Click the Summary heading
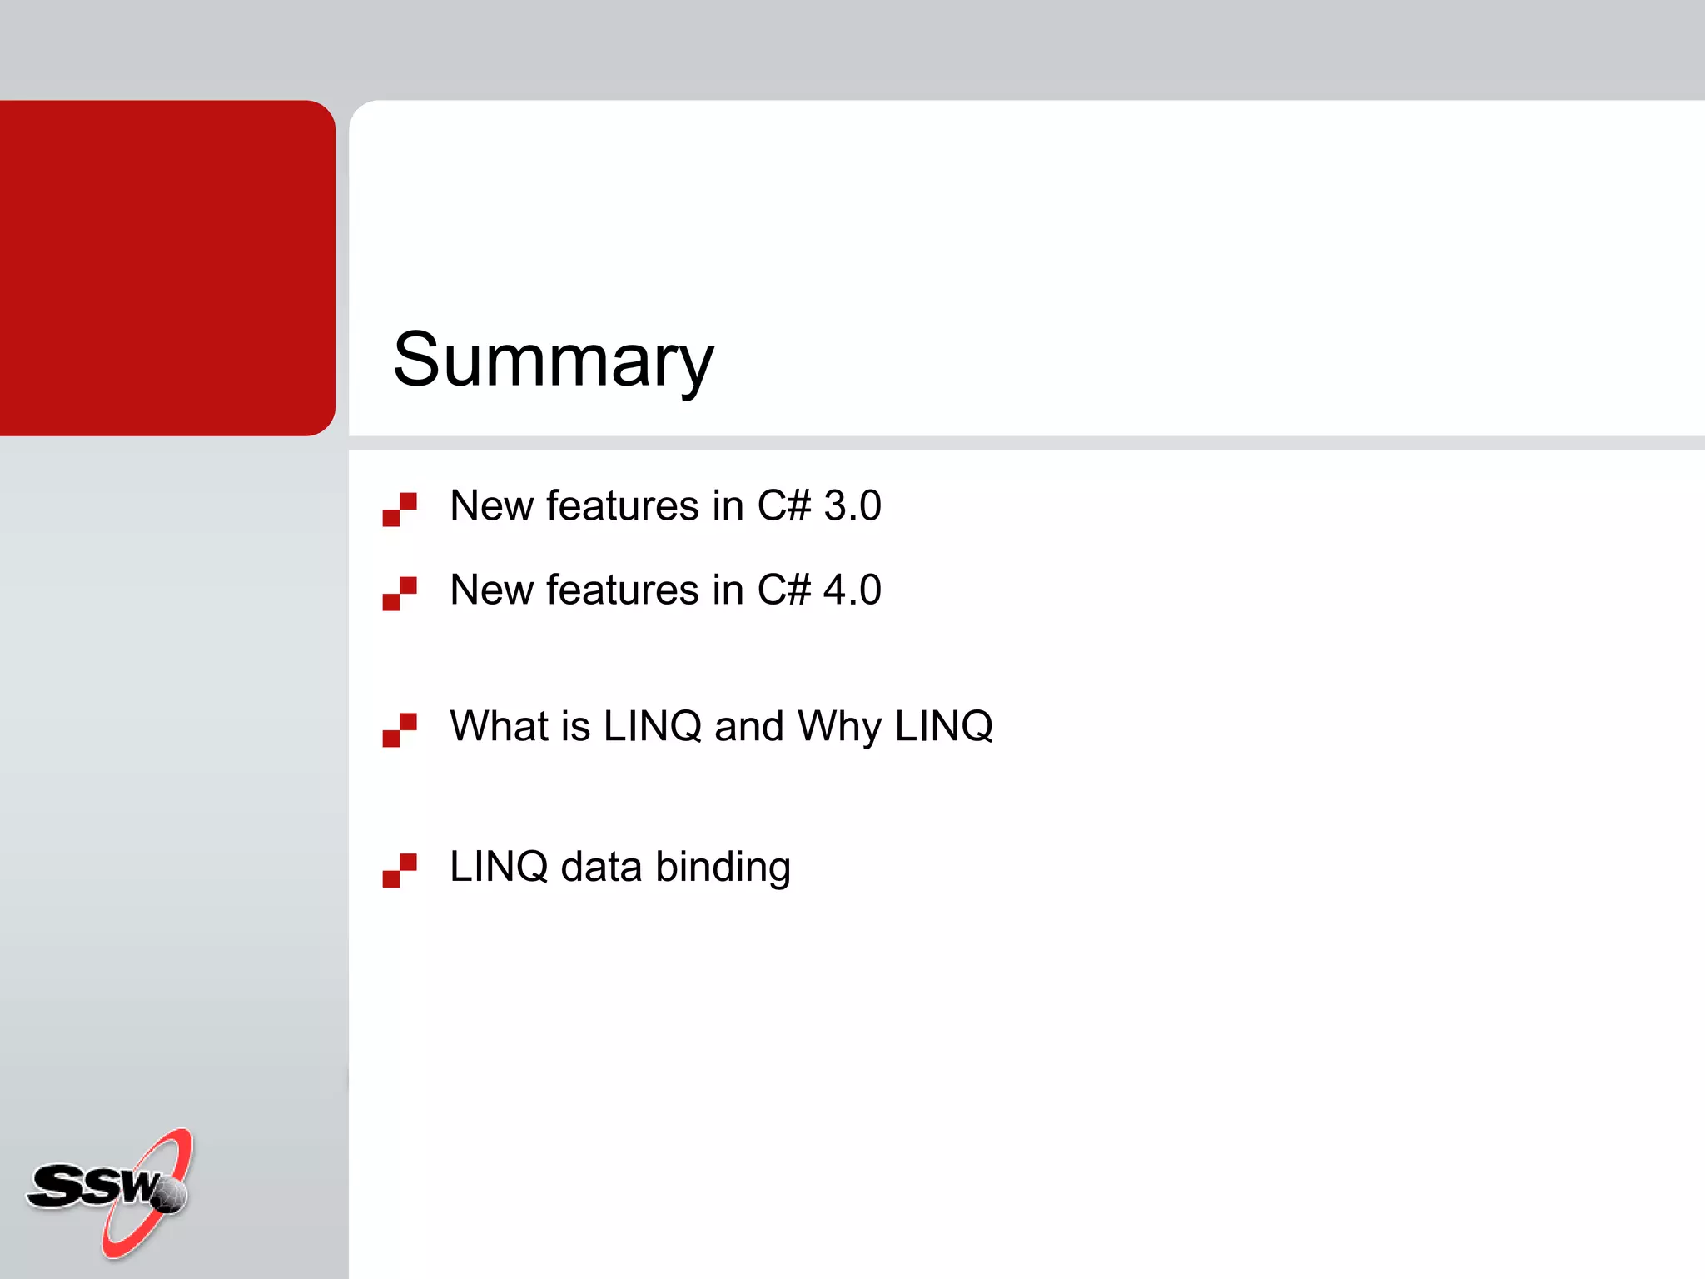(x=553, y=360)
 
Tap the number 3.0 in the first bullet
(x=852, y=505)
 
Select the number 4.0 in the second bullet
(x=852, y=590)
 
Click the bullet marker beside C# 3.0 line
(x=400, y=509)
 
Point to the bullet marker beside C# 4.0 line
(x=400, y=593)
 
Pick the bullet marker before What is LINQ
(x=400, y=729)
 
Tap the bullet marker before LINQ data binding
(x=400, y=870)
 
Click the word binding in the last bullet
(x=723, y=868)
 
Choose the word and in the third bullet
(x=749, y=726)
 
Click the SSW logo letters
(x=92, y=1185)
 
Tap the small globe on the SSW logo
(x=170, y=1195)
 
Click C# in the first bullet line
(x=783, y=505)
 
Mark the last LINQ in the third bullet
(x=943, y=726)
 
